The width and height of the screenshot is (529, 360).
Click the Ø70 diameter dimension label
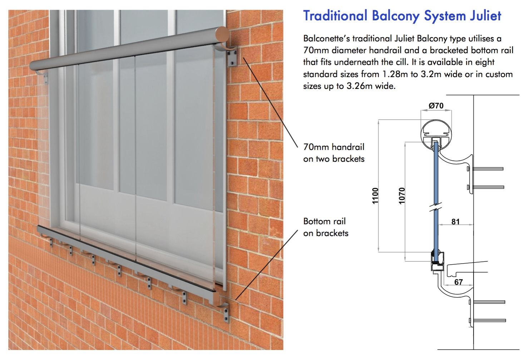point(436,106)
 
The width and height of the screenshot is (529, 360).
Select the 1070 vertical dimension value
point(402,196)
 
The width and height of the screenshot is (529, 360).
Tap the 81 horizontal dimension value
point(455,222)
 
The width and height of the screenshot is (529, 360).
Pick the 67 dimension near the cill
point(459,282)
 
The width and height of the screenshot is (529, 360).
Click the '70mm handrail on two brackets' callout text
point(334,153)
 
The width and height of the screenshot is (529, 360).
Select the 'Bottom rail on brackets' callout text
point(326,227)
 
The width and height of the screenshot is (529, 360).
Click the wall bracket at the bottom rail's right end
point(226,311)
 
